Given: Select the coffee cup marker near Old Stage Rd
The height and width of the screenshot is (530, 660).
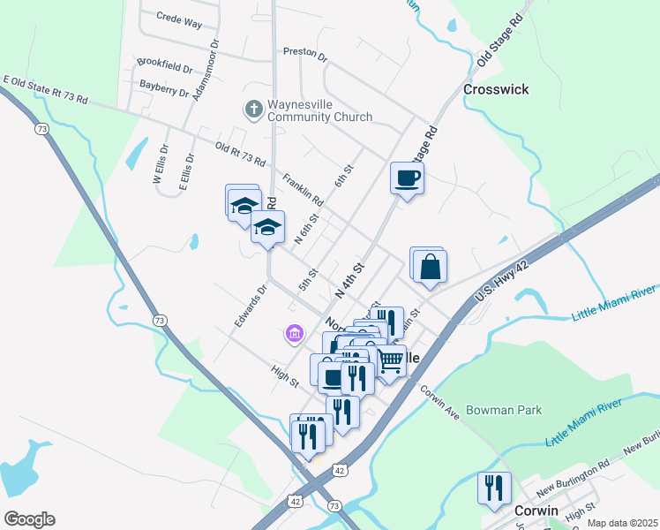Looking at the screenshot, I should [x=407, y=179].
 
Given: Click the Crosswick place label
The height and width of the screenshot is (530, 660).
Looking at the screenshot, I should [x=495, y=89].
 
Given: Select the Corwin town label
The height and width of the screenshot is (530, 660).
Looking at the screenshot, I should [x=536, y=511].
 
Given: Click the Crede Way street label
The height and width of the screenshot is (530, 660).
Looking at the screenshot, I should [x=179, y=17].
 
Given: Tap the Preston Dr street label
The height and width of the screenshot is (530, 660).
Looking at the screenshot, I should [x=305, y=53].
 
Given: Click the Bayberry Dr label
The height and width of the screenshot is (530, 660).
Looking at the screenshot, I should [x=165, y=87].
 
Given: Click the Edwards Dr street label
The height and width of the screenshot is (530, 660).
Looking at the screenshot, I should [x=251, y=307].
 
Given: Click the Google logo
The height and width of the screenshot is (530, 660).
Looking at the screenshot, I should [x=29, y=519].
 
